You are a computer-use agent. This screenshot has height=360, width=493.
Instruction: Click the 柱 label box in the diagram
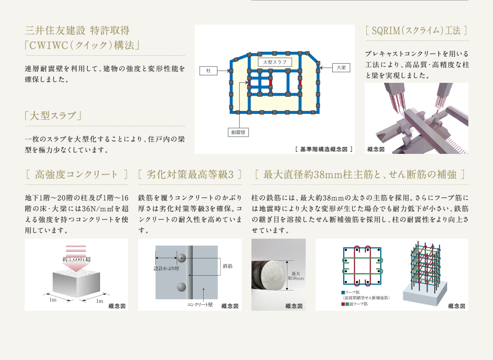pos(209,71)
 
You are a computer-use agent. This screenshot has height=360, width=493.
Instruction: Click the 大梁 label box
pos(341,68)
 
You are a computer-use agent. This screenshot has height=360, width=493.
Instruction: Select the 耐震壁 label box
pos(238,132)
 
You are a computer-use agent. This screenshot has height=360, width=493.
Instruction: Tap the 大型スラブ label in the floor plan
pos(275,62)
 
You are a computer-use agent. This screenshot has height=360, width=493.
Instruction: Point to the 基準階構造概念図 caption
pos(324,149)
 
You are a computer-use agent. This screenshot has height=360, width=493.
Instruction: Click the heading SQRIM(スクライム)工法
pos(416,31)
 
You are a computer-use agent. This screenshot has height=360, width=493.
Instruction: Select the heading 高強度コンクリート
pos(76,174)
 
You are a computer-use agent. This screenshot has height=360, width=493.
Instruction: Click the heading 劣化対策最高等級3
pos(190,174)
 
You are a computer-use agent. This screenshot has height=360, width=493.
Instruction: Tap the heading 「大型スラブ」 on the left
pos(53,116)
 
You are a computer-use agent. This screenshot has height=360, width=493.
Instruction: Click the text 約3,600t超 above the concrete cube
pos(76,259)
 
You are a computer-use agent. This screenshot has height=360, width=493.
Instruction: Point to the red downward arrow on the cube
pos(76,259)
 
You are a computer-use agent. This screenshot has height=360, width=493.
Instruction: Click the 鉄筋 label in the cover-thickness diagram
pos(228,266)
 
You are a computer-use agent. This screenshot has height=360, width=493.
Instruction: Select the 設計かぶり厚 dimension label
pos(166,268)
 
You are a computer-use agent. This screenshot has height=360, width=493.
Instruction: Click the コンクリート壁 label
pos(200,304)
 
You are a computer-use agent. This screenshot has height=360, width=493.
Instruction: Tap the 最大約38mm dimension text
pos(296,276)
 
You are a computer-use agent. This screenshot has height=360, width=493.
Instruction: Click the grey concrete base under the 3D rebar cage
pos(425,294)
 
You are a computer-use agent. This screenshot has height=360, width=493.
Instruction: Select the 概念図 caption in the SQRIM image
pos(376,149)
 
